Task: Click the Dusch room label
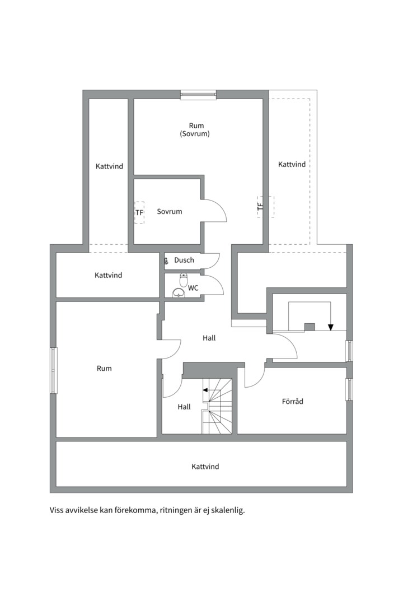[x=184, y=260]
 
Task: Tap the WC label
[x=193, y=288]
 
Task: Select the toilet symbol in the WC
[x=184, y=280]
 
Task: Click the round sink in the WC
[x=179, y=293]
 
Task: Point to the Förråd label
[x=292, y=401]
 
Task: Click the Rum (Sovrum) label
[x=195, y=129]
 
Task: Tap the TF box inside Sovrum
[x=139, y=213]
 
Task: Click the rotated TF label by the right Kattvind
[x=260, y=207]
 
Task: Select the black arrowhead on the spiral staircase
[x=205, y=390]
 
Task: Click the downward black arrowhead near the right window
[x=330, y=327]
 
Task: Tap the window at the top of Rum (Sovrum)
[x=198, y=95]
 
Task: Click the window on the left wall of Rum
[x=53, y=370]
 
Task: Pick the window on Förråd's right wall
[x=349, y=390]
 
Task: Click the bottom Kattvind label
[x=205, y=467]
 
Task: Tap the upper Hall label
[x=209, y=338]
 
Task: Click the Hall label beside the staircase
[x=184, y=407]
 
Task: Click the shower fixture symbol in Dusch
[x=166, y=261]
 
